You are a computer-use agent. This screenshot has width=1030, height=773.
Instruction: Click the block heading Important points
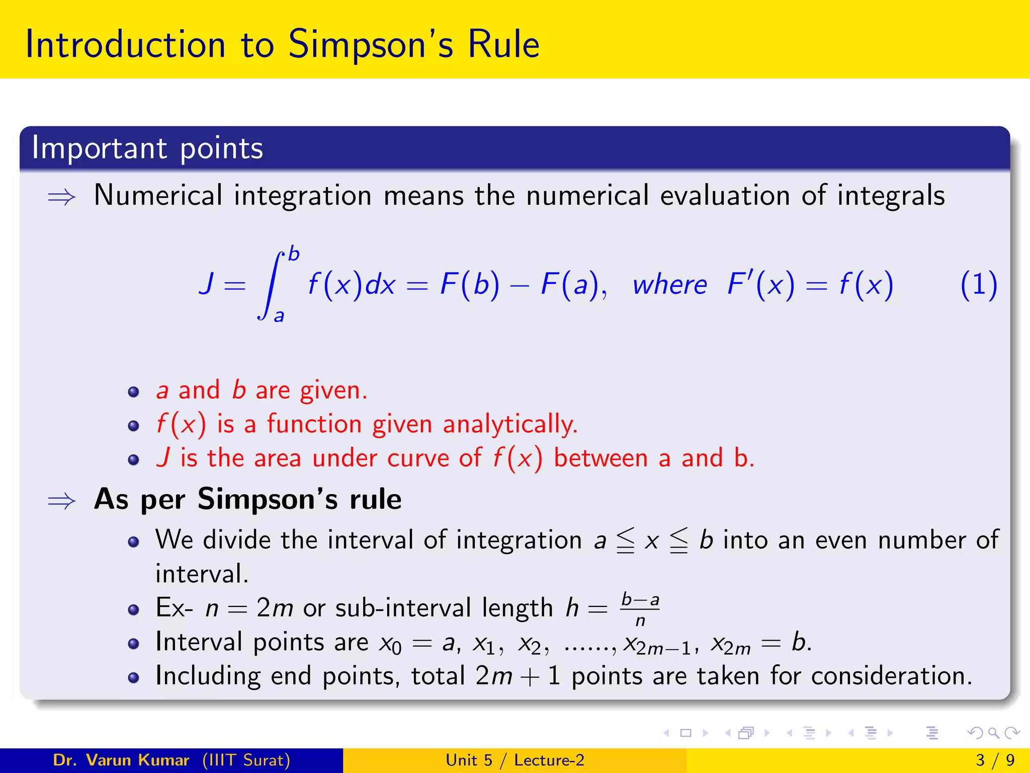(147, 148)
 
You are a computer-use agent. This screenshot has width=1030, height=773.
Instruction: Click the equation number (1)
(978, 285)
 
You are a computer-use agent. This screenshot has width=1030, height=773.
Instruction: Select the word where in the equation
(669, 285)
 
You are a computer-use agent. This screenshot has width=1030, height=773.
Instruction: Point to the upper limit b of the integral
(294, 254)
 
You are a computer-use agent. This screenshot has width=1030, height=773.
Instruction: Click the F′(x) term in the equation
(760, 284)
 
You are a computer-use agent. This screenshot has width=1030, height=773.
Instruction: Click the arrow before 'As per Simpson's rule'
(61, 501)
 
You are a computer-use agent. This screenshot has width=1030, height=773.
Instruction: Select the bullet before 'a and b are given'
(133, 392)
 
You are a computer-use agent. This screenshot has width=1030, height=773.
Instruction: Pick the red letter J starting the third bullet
(163, 458)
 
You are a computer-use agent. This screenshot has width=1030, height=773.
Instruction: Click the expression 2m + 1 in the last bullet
(518, 676)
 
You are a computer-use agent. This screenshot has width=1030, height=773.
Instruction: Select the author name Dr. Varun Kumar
(121, 760)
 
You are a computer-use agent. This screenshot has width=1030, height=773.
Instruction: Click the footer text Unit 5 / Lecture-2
(515, 760)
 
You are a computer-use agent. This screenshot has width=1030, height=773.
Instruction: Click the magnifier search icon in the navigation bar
(993, 733)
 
